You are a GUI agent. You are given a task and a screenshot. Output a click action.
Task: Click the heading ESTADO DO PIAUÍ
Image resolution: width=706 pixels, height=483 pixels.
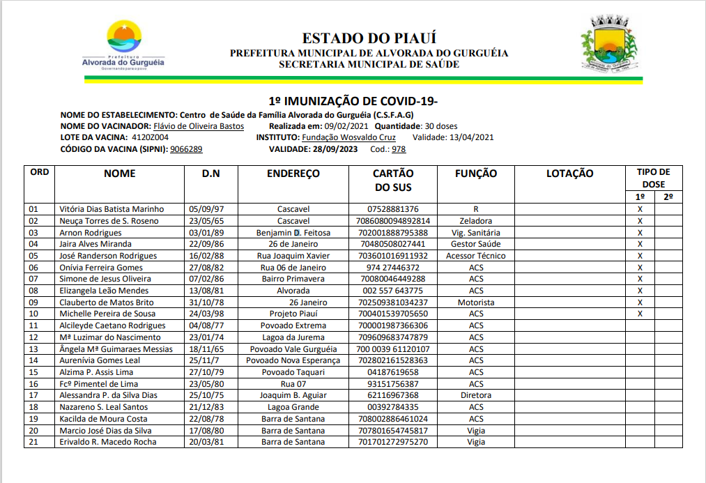click(x=369, y=38)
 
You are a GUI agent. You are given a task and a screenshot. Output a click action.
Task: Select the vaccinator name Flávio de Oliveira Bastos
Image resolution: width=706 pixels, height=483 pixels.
click(x=199, y=126)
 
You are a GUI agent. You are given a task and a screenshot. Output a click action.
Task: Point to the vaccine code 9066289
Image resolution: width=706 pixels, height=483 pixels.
click(x=186, y=149)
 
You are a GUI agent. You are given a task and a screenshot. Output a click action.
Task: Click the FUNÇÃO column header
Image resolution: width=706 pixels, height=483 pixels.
click(x=476, y=174)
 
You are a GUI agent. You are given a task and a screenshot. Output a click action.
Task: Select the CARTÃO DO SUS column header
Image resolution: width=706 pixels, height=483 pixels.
click(x=393, y=180)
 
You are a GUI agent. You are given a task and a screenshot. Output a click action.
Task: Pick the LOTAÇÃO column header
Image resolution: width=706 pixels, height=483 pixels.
click(x=569, y=174)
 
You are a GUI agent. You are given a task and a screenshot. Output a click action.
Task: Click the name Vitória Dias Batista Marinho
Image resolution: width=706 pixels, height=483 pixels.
click(x=112, y=209)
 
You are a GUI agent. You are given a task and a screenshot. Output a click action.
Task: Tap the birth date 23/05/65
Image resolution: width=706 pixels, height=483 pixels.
click(x=206, y=221)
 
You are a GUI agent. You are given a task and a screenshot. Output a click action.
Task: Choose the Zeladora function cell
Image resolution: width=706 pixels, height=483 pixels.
click(x=476, y=221)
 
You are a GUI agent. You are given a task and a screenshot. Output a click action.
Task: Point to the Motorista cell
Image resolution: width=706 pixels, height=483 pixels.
click(x=476, y=302)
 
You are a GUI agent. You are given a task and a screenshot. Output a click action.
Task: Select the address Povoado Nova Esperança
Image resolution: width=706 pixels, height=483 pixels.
click(x=293, y=360)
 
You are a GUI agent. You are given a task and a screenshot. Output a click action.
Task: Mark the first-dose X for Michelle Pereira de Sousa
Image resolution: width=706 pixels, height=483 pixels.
click(x=639, y=314)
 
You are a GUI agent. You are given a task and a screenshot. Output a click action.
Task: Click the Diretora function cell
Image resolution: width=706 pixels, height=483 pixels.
click(x=476, y=395)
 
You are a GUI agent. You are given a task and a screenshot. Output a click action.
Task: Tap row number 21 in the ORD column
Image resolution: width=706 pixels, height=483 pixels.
click(x=33, y=442)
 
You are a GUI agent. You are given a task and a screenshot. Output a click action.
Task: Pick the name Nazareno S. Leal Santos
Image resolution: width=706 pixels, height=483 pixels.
click(x=104, y=407)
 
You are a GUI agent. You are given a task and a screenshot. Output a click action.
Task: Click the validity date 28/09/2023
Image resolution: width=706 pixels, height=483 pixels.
click(x=335, y=149)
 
